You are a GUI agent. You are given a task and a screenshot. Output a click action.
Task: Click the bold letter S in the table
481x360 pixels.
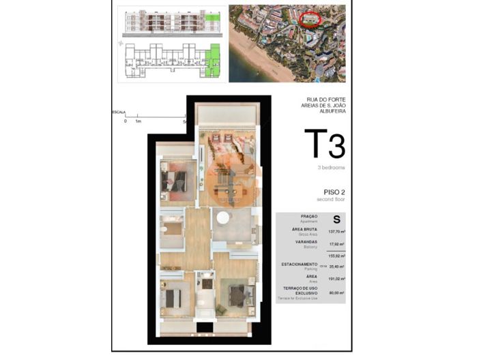[336, 219]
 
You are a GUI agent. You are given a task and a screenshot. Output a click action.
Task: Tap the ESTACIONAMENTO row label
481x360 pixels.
[299, 264]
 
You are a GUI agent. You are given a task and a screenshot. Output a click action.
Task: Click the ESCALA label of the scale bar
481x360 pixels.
[119, 111]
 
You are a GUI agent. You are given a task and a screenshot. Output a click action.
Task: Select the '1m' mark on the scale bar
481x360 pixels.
[139, 121]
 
